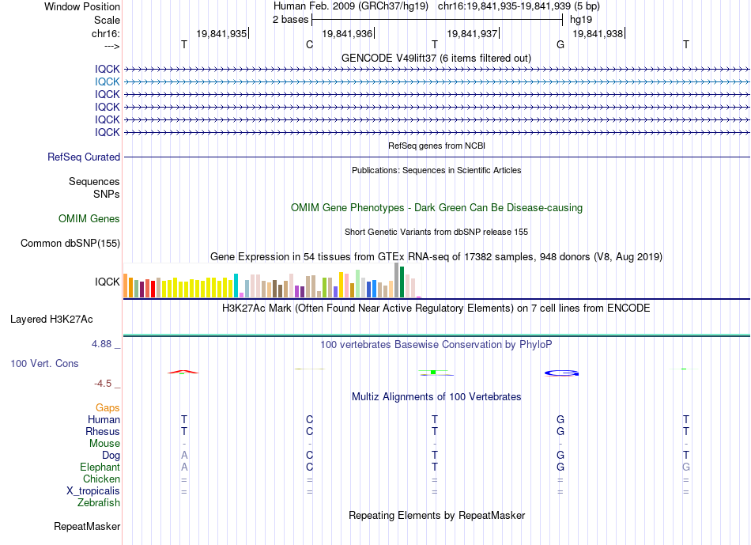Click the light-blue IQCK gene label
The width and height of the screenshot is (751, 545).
point(107,82)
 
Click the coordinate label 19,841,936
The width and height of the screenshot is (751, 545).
point(347,33)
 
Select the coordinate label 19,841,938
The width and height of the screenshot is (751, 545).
point(598,33)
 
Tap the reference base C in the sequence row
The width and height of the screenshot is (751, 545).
point(309,44)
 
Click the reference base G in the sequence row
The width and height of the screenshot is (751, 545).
point(560,44)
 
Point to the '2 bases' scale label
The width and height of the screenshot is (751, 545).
point(290,20)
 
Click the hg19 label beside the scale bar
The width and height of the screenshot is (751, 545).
point(581,20)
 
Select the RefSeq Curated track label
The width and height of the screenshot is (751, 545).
point(84,157)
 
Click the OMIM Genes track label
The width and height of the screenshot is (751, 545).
point(89,219)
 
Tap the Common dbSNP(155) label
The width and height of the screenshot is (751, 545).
point(70,244)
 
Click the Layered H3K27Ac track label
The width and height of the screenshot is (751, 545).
point(51,320)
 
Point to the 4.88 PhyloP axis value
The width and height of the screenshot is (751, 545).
point(101,344)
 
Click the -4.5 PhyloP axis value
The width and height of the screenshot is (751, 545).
point(103,384)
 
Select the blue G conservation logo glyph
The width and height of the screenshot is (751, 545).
point(561,373)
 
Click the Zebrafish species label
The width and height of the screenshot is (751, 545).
point(99,503)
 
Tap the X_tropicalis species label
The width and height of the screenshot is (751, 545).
point(93,491)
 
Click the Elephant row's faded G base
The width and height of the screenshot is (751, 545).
point(686,467)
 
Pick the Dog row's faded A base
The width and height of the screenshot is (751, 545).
point(184,455)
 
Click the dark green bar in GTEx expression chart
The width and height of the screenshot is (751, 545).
point(402,282)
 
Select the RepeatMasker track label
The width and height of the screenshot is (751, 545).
point(87,526)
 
